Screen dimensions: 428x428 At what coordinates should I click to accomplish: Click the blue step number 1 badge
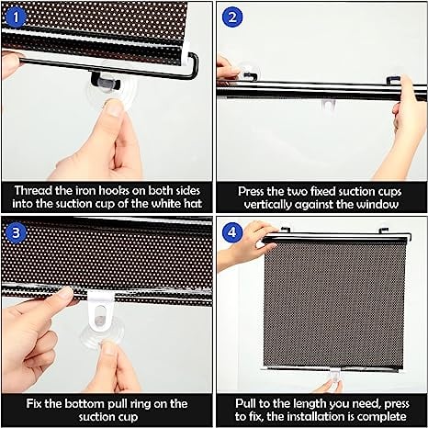pyautogui.click(x=16, y=16)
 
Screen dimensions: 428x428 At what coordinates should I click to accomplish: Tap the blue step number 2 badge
pyautogui.click(x=231, y=16)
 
